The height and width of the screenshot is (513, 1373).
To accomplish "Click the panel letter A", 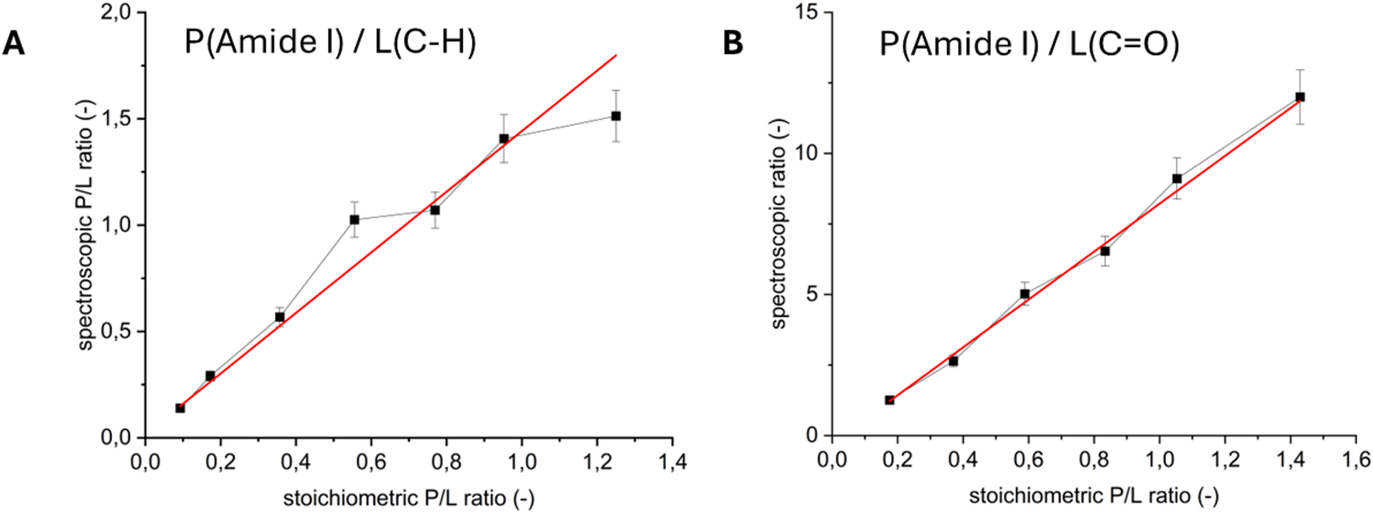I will point(14,44).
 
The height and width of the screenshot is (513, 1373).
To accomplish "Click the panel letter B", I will point(732,44).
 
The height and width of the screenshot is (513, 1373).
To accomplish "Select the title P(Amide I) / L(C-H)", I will point(330,42).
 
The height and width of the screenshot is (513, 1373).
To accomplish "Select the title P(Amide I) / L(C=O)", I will point(1029,44).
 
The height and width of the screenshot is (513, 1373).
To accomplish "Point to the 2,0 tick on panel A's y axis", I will point(116,13).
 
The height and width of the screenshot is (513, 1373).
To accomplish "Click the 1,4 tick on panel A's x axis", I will point(672,462).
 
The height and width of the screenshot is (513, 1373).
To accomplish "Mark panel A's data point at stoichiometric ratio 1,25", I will point(616,116).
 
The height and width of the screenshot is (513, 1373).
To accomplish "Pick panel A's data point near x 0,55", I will point(354,220).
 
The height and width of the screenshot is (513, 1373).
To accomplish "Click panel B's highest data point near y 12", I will point(1300,97).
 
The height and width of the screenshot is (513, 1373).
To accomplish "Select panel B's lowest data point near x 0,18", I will point(890,400).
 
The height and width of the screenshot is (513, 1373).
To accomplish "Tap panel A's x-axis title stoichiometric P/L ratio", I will point(408,498).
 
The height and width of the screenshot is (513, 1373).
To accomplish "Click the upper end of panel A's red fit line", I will point(616,55).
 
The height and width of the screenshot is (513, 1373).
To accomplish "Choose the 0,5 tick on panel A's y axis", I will point(116,331).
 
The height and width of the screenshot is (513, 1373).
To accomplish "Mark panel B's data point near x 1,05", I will point(1177,179).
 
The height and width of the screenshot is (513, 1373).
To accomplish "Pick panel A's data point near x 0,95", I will point(504,139).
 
